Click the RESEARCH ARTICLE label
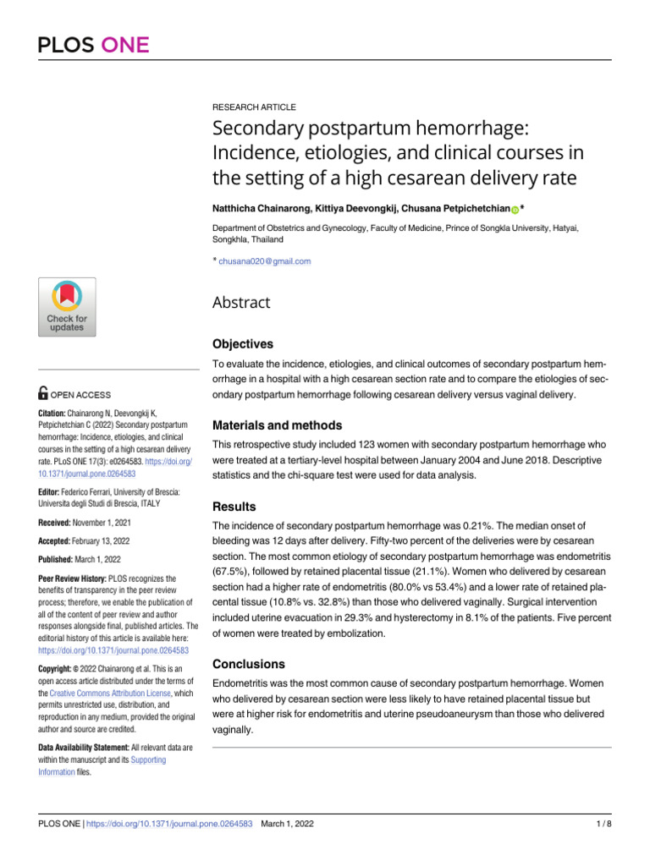click(254, 107)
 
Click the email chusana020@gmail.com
click(264, 261)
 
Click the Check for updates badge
click(66, 305)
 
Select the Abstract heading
click(241, 302)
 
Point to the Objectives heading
click(243, 344)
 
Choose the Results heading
click(234, 507)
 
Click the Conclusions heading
click(249, 664)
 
